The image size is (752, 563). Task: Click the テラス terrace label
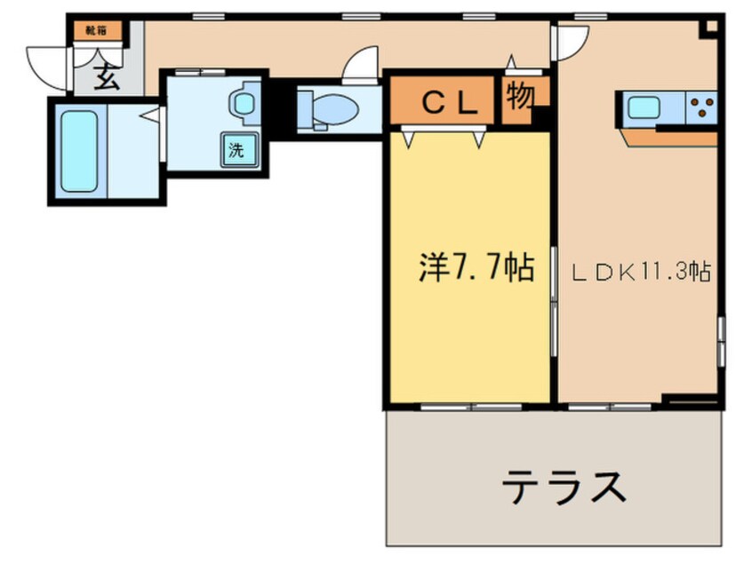click(x=564, y=487)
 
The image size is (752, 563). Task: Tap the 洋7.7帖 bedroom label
click(x=476, y=267)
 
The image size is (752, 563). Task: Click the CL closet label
click(x=451, y=103)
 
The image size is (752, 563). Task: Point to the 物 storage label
click(x=520, y=96)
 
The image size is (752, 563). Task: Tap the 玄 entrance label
click(x=107, y=77)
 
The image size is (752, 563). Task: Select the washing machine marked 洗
click(x=239, y=149)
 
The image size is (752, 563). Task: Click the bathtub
click(x=79, y=152)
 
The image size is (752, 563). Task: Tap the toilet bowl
click(x=328, y=109)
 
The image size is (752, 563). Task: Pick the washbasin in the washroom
click(x=244, y=102)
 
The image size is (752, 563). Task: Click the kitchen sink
click(x=644, y=107)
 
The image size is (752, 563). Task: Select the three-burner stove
click(x=701, y=107)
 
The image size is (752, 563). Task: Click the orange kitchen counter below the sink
click(x=668, y=138)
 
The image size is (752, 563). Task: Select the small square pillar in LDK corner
click(x=711, y=27)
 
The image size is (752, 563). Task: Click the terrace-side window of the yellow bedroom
click(x=471, y=407)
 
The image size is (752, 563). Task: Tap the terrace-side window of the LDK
click(x=610, y=407)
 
